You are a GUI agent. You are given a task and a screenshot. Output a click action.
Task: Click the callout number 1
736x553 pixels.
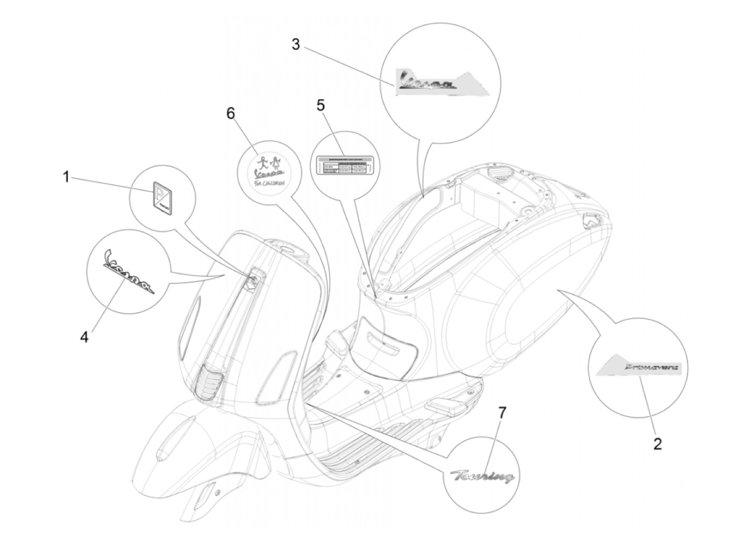pos(66,178)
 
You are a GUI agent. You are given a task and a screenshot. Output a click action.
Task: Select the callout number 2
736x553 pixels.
pos(657,444)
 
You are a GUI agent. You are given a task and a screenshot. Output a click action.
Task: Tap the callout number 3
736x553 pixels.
pos(296,45)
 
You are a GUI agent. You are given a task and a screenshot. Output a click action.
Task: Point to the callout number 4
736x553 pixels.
pos(84,321)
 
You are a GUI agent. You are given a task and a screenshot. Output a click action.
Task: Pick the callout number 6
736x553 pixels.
pos(231,114)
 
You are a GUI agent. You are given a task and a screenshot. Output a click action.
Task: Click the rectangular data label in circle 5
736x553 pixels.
pos(345,166)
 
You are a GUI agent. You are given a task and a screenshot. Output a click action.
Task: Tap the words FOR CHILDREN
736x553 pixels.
pos(272,183)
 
